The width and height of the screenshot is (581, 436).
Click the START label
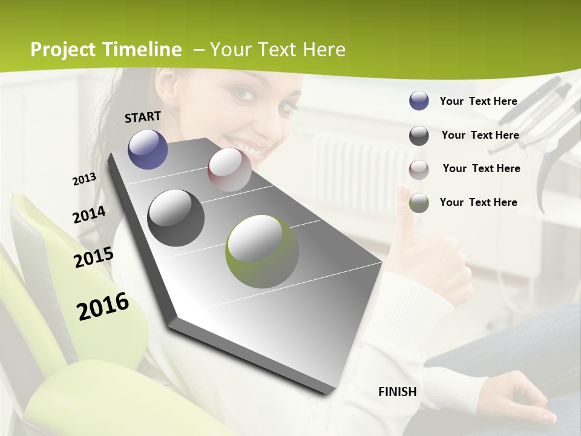tap(143, 117)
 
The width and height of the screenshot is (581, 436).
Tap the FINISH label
tap(398, 392)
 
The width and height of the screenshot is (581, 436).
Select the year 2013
tap(85, 179)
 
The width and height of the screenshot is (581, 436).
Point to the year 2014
tap(90, 214)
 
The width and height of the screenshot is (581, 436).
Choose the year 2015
tap(94, 257)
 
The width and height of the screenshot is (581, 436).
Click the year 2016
tap(103, 306)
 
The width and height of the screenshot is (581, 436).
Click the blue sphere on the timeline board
tap(148, 149)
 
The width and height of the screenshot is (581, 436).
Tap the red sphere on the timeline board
tap(229, 170)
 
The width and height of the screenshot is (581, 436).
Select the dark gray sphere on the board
tap(176, 218)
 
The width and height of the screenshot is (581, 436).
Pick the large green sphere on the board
tap(262, 251)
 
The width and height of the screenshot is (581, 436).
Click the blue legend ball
tap(419, 101)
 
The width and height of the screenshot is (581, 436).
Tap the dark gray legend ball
tap(419, 136)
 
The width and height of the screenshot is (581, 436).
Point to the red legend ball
tap(419, 170)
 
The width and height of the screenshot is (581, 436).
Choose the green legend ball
tap(419, 203)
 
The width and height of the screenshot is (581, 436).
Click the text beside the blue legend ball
tap(478, 101)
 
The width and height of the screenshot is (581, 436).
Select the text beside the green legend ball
tap(478, 202)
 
